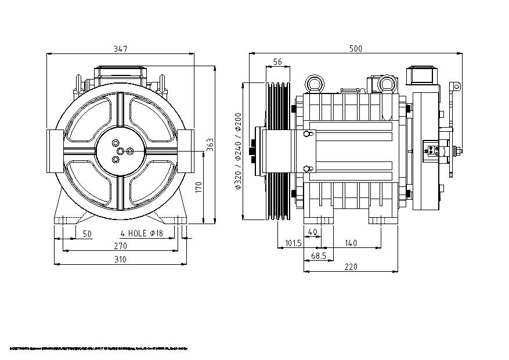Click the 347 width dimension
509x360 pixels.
tap(120, 49)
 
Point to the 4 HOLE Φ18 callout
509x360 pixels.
tap(142, 234)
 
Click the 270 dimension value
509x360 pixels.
tap(120, 246)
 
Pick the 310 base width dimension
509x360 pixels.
tap(120, 260)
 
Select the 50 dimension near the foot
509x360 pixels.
tap(87, 234)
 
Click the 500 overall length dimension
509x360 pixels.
tap(356, 49)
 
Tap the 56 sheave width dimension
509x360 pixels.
tap(277, 62)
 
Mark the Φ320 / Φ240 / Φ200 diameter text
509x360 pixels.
tap(238, 152)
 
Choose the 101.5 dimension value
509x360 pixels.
tap(293, 243)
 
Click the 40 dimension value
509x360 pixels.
tap(313, 232)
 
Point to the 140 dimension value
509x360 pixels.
tap(351, 243)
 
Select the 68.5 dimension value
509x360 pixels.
tap(318, 255)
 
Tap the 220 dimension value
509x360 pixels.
tap(351, 267)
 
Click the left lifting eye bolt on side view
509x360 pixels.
tap(315, 84)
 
